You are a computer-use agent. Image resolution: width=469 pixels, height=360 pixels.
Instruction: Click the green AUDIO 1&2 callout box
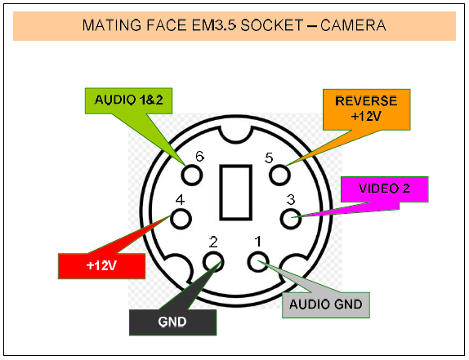pos(128,100)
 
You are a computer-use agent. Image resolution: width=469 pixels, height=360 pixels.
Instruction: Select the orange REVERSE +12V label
pos(366,109)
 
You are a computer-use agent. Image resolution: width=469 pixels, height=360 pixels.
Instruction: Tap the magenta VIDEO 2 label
pos(385,189)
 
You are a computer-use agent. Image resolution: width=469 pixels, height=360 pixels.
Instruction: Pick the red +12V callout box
pos(101,266)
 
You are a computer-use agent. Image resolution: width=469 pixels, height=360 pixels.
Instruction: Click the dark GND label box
pos(172,322)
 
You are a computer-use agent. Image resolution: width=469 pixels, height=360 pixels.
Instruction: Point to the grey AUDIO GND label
pos(326,305)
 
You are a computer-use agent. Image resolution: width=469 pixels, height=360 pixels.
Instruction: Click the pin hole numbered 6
pos(192,175)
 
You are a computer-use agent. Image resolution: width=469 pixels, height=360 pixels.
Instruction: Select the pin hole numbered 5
pos(279,175)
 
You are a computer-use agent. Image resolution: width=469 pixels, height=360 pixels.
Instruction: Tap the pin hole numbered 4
pos(181,219)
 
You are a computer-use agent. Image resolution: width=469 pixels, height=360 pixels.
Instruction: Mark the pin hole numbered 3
pos(291,219)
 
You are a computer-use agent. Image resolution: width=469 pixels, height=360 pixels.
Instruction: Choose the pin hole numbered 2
pos(213,262)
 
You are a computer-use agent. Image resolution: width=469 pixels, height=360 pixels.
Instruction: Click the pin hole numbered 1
pos(258,262)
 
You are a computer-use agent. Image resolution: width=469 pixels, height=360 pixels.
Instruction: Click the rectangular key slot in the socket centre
pos(235,193)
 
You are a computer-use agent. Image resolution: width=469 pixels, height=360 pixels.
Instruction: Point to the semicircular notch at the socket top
pos(235,140)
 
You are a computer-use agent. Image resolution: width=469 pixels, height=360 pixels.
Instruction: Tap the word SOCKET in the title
pos(272,25)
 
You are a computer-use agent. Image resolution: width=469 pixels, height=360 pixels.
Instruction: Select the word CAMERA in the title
pos(353,25)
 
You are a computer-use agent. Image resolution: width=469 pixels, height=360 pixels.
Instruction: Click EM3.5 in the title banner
pos(214,25)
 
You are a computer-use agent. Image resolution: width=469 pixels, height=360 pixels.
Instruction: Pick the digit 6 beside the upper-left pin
pos(200,156)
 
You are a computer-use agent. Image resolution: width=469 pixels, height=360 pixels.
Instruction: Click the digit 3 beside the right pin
pos(291,199)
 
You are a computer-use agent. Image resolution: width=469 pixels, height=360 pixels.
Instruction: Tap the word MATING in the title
pos(112,25)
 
